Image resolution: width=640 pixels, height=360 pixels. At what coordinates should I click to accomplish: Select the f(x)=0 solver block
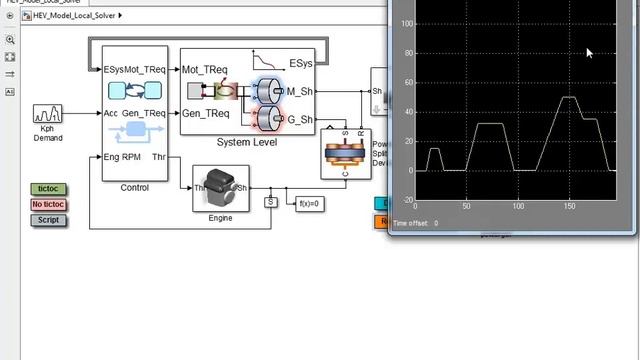(x=311, y=203)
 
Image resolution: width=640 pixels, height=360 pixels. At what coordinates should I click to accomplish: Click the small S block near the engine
(x=269, y=203)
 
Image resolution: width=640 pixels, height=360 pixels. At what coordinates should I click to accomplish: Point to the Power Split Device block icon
(x=346, y=154)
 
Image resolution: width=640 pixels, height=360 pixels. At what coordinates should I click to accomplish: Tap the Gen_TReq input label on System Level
(x=204, y=114)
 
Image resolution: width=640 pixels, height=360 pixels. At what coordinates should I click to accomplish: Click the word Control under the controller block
(x=134, y=187)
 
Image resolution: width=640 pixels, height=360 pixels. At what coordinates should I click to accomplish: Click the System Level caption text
(x=247, y=142)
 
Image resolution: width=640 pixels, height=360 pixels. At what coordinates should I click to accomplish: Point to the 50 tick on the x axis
(x=466, y=206)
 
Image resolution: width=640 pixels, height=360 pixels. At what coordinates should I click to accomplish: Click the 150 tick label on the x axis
(x=569, y=206)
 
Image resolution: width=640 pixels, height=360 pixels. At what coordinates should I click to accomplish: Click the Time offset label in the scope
(x=411, y=223)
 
